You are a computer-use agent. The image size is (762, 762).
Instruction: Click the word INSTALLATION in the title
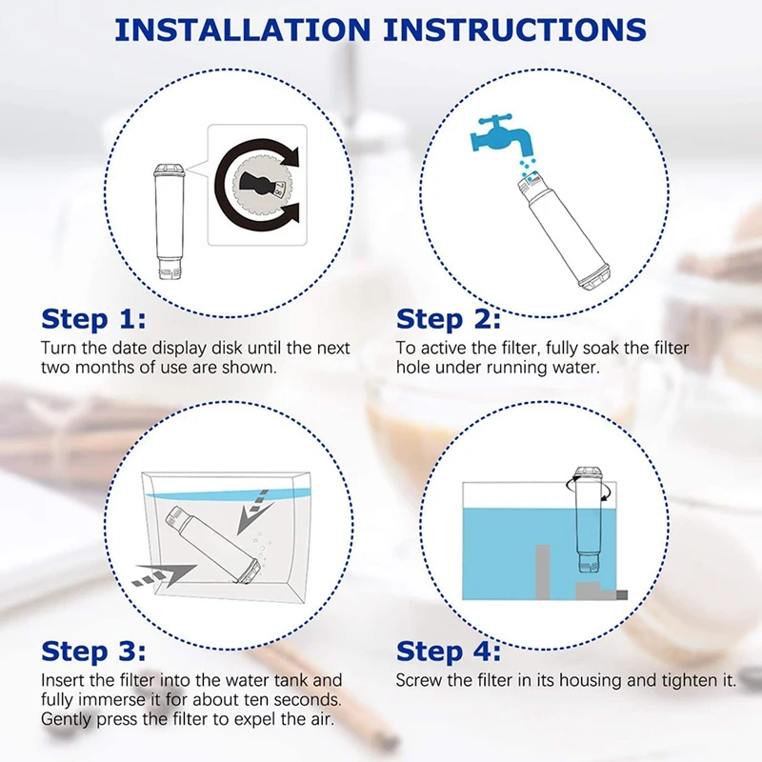click(x=243, y=30)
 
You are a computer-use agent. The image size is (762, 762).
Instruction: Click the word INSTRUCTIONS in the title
click(x=515, y=30)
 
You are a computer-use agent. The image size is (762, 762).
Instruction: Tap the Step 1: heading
click(x=93, y=319)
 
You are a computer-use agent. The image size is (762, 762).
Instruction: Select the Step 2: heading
click(x=448, y=319)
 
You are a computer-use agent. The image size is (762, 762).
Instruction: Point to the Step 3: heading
click(x=93, y=652)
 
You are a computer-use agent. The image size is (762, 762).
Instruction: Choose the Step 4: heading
click(x=448, y=652)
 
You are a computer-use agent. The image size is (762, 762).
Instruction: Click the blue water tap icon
click(x=499, y=133)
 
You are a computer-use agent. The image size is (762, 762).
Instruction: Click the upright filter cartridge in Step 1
click(x=169, y=222)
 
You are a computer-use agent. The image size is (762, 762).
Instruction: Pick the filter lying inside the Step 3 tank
click(x=213, y=544)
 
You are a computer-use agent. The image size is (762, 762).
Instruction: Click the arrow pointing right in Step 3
click(x=164, y=574)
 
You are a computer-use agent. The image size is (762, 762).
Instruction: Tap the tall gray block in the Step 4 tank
click(x=542, y=572)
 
